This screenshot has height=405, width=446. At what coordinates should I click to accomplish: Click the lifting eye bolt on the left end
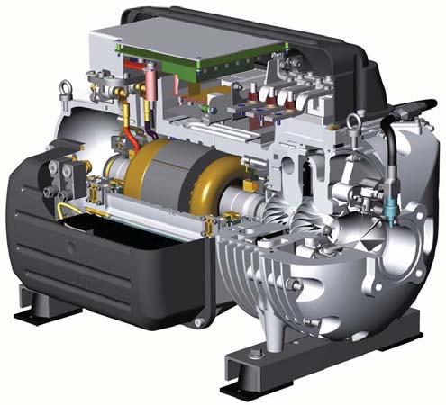(65, 90)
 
